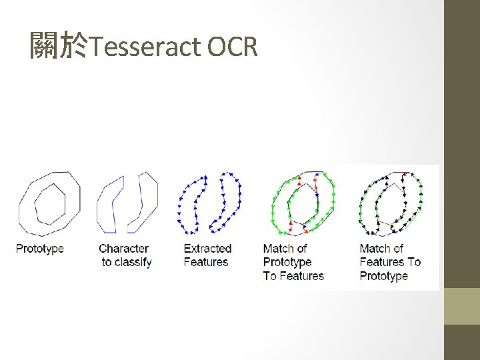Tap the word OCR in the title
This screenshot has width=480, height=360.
coord(233,47)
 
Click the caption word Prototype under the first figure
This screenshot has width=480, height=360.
coord(40,249)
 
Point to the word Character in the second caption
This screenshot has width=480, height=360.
coord(123,249)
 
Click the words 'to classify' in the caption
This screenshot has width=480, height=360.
coord(127,262)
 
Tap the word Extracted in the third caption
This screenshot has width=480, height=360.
coord(207,249)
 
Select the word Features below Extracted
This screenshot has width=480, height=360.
coord(206,262)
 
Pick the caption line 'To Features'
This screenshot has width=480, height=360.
coord(293,276)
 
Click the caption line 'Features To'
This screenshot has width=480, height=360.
coord(390,262)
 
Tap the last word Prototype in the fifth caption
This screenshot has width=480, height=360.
coord(383,276)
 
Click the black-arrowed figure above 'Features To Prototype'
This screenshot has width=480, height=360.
coord(391,203)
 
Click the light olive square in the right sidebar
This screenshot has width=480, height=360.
coord(462,306)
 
